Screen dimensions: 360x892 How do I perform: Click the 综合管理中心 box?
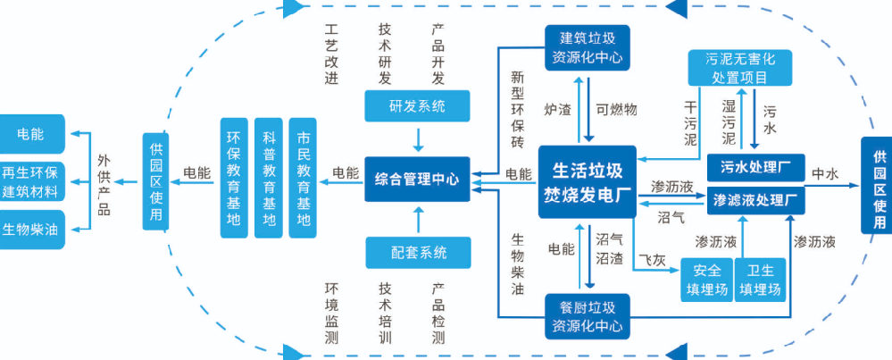[x=416, y=179]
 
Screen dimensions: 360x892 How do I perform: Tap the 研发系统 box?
[x=417, y=107]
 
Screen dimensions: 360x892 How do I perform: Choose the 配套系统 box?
[x=417, y=251]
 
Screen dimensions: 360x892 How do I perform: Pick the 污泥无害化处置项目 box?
[x=739, y=69]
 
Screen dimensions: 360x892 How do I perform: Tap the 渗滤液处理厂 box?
[x=756, y=200]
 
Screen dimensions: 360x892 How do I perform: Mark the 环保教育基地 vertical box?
[x=234, y=178]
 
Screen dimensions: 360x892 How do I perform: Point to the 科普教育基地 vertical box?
[x=269, y=178]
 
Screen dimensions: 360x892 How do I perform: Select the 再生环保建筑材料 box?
[x=31, y=182]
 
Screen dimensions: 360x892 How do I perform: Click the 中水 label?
[x=823, y=173]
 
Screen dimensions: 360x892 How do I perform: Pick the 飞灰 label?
[x=650, y=260]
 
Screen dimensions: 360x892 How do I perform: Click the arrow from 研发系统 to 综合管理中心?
[x=417, y=138]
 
